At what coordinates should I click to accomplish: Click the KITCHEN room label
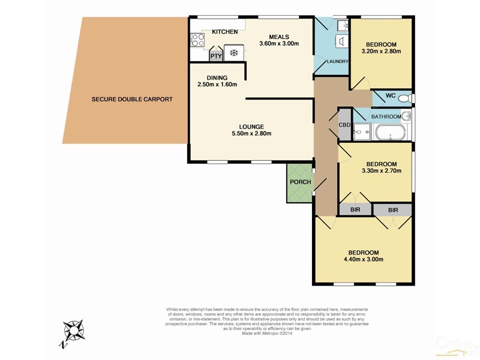coord(225,32)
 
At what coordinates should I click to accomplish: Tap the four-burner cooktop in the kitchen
coord(197,41)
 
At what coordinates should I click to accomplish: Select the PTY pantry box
coord(216,56)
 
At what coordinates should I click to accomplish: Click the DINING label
coord(217,77)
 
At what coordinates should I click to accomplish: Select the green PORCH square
coord(300,182)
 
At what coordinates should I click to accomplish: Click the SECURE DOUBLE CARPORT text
coord(132,99)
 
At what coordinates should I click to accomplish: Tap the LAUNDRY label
coord(334,62)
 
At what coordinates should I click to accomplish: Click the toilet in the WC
coord(405,97)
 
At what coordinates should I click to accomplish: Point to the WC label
coord(390,96)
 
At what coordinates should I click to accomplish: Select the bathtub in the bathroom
coord(389,131)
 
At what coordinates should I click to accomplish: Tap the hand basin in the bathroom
coord(406,116)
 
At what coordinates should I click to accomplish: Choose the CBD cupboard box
coord(344,125)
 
